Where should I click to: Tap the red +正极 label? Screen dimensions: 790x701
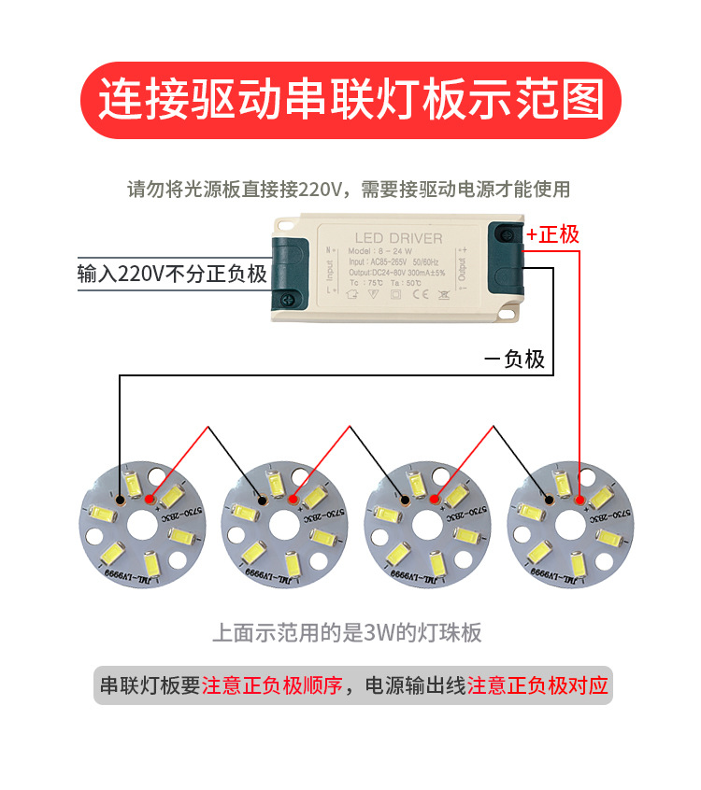(x=552, y=234)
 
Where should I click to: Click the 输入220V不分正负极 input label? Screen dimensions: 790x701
(x=173, y=275)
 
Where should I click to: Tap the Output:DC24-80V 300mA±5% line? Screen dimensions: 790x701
(x=396, y=273)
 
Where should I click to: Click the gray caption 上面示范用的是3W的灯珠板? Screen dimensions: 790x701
(x=348, y=633)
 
